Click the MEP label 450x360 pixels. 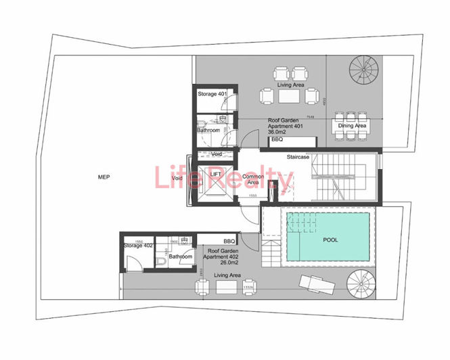[104, 177]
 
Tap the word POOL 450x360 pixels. [331, 240]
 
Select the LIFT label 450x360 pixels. [216, 174]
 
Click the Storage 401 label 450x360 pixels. [212, 94]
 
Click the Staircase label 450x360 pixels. [298, 157]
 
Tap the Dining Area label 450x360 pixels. [352, 126]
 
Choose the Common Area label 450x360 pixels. [253, 179]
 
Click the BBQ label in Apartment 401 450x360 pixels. [277, 140]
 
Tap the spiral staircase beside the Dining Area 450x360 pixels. [363, 70]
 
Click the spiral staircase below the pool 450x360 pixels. [363, 285]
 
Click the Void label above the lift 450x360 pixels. [217, 154]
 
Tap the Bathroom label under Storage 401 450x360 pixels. [208, 130]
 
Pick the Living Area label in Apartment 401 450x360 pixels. [290, 85]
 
